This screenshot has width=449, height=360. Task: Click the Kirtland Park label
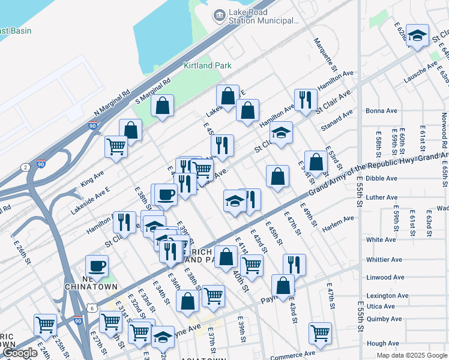pos(207,65)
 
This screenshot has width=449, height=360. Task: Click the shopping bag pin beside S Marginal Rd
pos(162,106)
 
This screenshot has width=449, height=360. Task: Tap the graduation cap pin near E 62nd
pos(417,35)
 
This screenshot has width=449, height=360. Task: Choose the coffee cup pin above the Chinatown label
pos(97,266)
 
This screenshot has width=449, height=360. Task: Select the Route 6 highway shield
pos(91,308)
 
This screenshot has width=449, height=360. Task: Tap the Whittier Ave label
pos(384,260)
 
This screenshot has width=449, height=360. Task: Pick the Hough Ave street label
pos(382,343)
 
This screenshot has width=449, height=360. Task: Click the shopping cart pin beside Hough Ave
pos(321,334)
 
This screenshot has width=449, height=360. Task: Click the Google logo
pos(20,353)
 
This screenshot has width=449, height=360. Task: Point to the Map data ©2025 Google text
pos(412,355)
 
